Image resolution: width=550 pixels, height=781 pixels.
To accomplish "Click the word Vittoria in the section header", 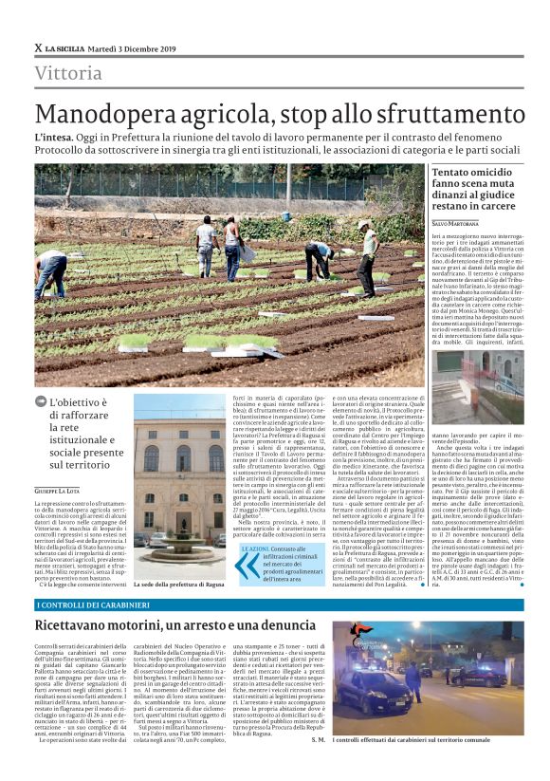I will coord(68,74).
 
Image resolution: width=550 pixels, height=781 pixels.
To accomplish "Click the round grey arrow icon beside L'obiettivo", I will coord(41,401).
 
